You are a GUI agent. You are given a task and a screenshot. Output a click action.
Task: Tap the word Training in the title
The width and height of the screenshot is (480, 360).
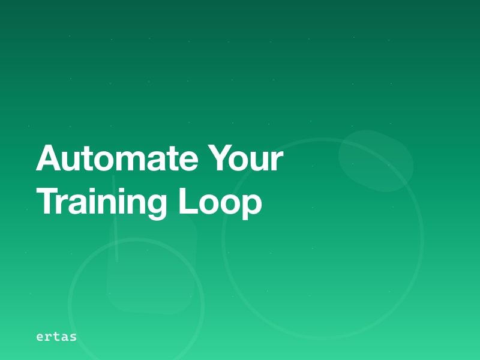[x=102, y=202]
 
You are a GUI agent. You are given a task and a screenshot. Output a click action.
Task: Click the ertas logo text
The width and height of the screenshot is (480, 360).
[x=56, y=337]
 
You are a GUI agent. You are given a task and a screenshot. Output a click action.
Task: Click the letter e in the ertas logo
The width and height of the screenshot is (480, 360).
[x=40, y=337]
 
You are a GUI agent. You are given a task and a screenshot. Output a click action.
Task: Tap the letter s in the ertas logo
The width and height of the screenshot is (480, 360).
[x=73, y=337]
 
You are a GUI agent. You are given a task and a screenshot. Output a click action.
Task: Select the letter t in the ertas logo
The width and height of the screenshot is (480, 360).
[x=56, y=337]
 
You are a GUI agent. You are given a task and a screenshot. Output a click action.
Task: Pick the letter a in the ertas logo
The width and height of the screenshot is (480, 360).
[x=65, y=337]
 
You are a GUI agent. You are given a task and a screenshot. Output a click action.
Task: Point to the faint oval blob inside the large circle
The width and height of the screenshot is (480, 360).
[x=376, y=161]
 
